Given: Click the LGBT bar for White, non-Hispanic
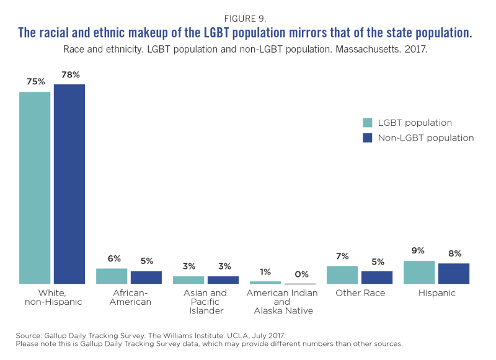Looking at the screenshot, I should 35,188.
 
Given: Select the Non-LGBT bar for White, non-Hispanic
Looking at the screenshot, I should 69,184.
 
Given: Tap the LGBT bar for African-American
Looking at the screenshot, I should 112,276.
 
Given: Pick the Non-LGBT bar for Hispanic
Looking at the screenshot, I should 454,273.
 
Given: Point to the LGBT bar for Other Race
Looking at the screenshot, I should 342,274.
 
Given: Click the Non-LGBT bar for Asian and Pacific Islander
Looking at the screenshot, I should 223,279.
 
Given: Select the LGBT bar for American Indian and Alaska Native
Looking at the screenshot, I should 265,283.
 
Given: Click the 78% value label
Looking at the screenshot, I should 69,75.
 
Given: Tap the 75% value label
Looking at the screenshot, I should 35,82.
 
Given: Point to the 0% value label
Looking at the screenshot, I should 300,274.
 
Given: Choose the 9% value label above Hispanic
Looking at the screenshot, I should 418,251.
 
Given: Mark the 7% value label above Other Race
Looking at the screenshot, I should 342,257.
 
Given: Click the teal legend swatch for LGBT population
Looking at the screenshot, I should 368,123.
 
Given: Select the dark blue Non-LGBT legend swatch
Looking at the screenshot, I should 368,138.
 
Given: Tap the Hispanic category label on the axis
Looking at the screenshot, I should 436,292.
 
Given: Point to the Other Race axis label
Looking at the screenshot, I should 360,292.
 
